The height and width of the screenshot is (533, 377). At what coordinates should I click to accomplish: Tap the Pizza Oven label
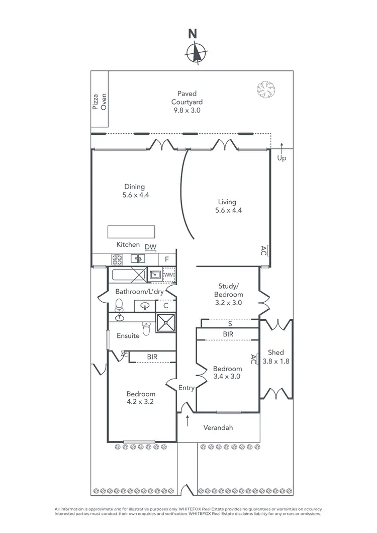pos(100,101)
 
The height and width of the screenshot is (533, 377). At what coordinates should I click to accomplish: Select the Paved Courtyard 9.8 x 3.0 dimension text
pos(186,110)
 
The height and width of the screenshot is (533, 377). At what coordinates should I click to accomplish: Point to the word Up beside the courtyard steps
pos(281,158)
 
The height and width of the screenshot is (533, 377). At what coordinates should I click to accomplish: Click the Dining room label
pos(134,191)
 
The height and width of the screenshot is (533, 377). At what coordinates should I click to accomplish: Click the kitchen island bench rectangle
pos(131,232)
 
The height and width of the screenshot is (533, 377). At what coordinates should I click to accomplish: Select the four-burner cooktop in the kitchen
pos(117,259)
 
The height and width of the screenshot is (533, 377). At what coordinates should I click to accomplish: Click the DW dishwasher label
pos(150,246)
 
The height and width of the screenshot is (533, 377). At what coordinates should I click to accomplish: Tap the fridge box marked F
pos(167,259)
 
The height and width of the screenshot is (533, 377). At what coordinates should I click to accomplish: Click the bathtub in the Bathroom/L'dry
pos(129,276)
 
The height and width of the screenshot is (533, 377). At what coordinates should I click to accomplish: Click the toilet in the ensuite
pos(146,328)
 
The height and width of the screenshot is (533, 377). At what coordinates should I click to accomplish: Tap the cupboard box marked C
pos(165,305)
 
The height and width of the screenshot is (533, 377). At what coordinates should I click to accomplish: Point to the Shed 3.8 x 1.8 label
pos(276,357)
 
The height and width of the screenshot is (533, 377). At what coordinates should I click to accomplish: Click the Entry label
pos(186,387)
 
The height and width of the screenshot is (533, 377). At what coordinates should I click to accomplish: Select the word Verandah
pos(218,427)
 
